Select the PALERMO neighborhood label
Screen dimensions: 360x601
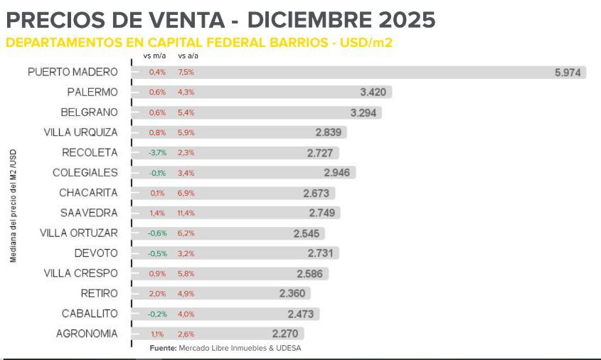[92, 92]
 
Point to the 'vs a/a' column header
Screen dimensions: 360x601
[188, 55]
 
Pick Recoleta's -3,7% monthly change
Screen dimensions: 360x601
[156, 152]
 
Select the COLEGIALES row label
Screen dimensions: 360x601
[85, 173]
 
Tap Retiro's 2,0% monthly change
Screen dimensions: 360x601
[157, 293]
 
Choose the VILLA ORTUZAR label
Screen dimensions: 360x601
[80, 233]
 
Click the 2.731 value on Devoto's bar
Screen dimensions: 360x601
[321, 253]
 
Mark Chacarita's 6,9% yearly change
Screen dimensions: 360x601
[185, 193]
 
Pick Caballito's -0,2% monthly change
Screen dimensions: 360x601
[156, 313]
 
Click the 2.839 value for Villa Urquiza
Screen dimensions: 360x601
[329, 132]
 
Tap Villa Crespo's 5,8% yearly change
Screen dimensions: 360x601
[185, 273]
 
